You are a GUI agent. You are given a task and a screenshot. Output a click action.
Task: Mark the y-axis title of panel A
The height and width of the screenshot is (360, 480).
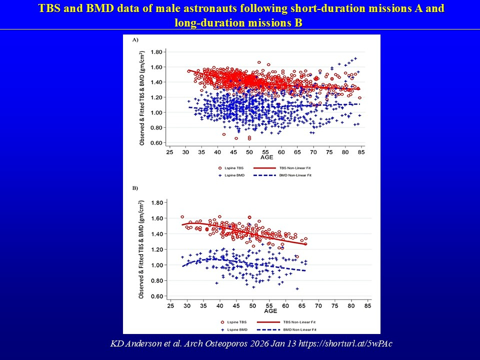142,98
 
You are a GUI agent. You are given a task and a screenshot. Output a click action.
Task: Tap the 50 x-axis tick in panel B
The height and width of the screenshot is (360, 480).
252,305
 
